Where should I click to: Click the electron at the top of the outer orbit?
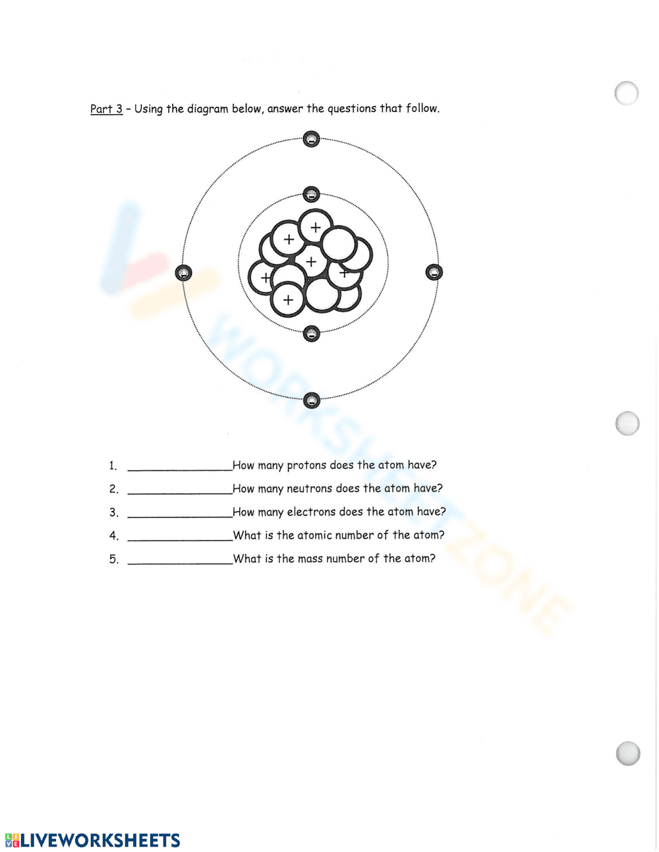(x=311, y=139)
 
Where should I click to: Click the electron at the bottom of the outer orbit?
(x=312, y=400)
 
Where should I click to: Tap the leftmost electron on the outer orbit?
(x=183, y=273)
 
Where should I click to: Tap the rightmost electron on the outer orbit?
(x=434, y=272)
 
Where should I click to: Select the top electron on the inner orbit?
(x=311, y=194)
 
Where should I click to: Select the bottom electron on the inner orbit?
(x=311, y=334)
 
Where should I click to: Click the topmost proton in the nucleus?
(x=316, y=226)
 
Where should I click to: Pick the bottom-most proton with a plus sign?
(x=288, y=300)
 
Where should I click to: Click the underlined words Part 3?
(x=106, y=109)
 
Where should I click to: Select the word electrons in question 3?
(x=311, y=512)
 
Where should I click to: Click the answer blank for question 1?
(x=179, y=466)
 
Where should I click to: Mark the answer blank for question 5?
(x=179, y=560)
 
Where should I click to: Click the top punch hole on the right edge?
(x=627, y=93)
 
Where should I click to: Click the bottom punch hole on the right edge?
(x=628, y=753)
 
